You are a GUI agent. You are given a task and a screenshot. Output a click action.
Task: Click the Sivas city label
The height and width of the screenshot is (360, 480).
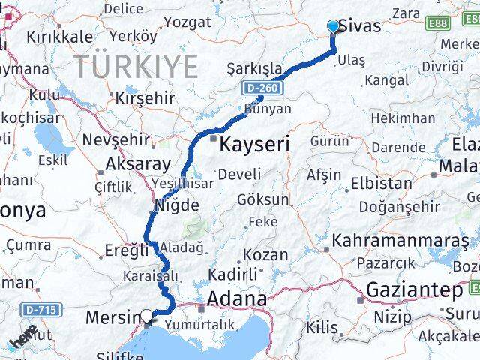pos(360,26)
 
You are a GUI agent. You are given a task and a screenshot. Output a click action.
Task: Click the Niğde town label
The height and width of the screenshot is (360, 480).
pos(177,205)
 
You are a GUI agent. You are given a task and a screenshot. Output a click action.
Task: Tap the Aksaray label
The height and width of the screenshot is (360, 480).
pos(139,164)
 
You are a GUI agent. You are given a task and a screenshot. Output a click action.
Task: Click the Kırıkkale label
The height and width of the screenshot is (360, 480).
pos(60,36)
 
